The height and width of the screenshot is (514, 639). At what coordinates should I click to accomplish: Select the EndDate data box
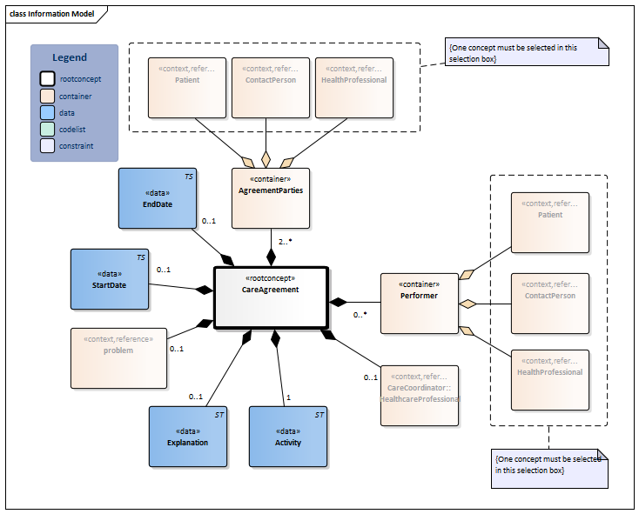158,198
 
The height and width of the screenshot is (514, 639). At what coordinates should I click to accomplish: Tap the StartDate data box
110,279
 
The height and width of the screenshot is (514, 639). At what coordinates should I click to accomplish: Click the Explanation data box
188,437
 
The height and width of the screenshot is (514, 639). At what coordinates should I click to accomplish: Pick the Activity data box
288,437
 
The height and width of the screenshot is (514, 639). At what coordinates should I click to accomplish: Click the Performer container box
420,303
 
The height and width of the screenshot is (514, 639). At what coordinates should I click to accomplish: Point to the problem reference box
118,357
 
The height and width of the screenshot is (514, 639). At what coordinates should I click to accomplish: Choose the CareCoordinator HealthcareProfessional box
420,393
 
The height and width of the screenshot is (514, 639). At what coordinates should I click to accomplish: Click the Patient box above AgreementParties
187,87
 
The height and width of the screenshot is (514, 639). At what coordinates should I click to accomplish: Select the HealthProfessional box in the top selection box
353,87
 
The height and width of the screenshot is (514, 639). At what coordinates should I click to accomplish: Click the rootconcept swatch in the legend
47,79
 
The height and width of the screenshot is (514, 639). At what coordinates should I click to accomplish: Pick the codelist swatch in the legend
47,130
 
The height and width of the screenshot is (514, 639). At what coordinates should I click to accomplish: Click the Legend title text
70,57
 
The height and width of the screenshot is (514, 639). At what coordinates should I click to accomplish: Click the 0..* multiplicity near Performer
359,316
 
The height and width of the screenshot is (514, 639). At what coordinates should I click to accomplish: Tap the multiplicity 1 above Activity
288,397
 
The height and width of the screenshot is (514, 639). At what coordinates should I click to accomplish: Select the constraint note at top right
526,50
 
